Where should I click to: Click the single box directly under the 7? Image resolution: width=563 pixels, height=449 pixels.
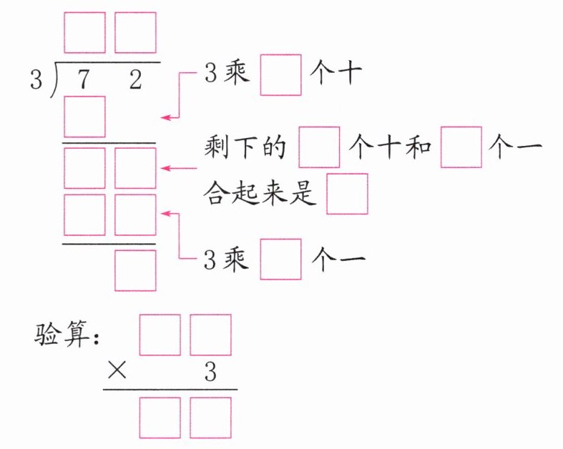[85, 117]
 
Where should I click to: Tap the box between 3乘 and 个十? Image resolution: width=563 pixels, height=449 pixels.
[280, 75]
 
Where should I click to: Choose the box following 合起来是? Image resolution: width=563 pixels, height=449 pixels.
[348, 194]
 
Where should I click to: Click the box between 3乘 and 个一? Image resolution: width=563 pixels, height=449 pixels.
[280, 258]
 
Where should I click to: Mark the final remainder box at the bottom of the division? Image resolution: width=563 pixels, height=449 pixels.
[135, 270]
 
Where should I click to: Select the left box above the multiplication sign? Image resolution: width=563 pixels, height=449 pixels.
[160, 335]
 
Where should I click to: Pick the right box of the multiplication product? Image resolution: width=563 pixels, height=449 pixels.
[211, 418]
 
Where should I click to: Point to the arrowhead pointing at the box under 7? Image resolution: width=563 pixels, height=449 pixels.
[165, 117]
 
